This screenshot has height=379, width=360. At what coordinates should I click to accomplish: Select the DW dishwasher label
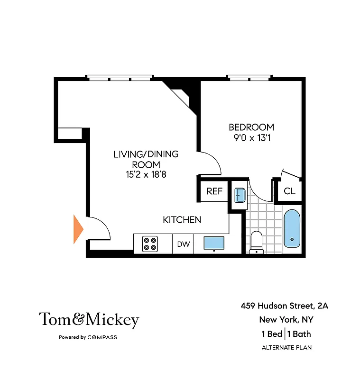(x=184, y=244)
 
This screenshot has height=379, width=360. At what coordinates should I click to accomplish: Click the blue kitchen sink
(x=214, y=243)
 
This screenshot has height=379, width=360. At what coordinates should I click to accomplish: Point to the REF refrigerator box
(x=214, y=192)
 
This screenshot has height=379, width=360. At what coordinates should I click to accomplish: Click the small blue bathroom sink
(x=239, y=195)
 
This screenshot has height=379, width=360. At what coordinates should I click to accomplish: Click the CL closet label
(x=289, y=191)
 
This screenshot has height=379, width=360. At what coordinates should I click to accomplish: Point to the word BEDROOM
(x=251, y=127)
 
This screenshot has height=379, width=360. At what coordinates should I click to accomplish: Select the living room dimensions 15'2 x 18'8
(x=146, y=175)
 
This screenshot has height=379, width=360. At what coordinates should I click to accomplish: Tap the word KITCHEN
(x=182, y=220)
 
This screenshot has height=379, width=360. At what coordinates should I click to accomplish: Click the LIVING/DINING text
(x=146, y=154)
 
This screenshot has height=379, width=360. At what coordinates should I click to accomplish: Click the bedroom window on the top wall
(x=249, y=78)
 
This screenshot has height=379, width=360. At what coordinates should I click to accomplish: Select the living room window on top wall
(x=120, y=78)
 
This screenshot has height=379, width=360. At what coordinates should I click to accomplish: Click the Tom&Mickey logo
(x=89, y=320)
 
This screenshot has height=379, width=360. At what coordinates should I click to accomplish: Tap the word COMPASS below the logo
(x=102, y=337)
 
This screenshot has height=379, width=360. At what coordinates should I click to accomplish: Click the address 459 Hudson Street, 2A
(x=284, y=306)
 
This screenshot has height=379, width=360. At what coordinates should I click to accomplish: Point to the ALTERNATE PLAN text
(x=286, y=348)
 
